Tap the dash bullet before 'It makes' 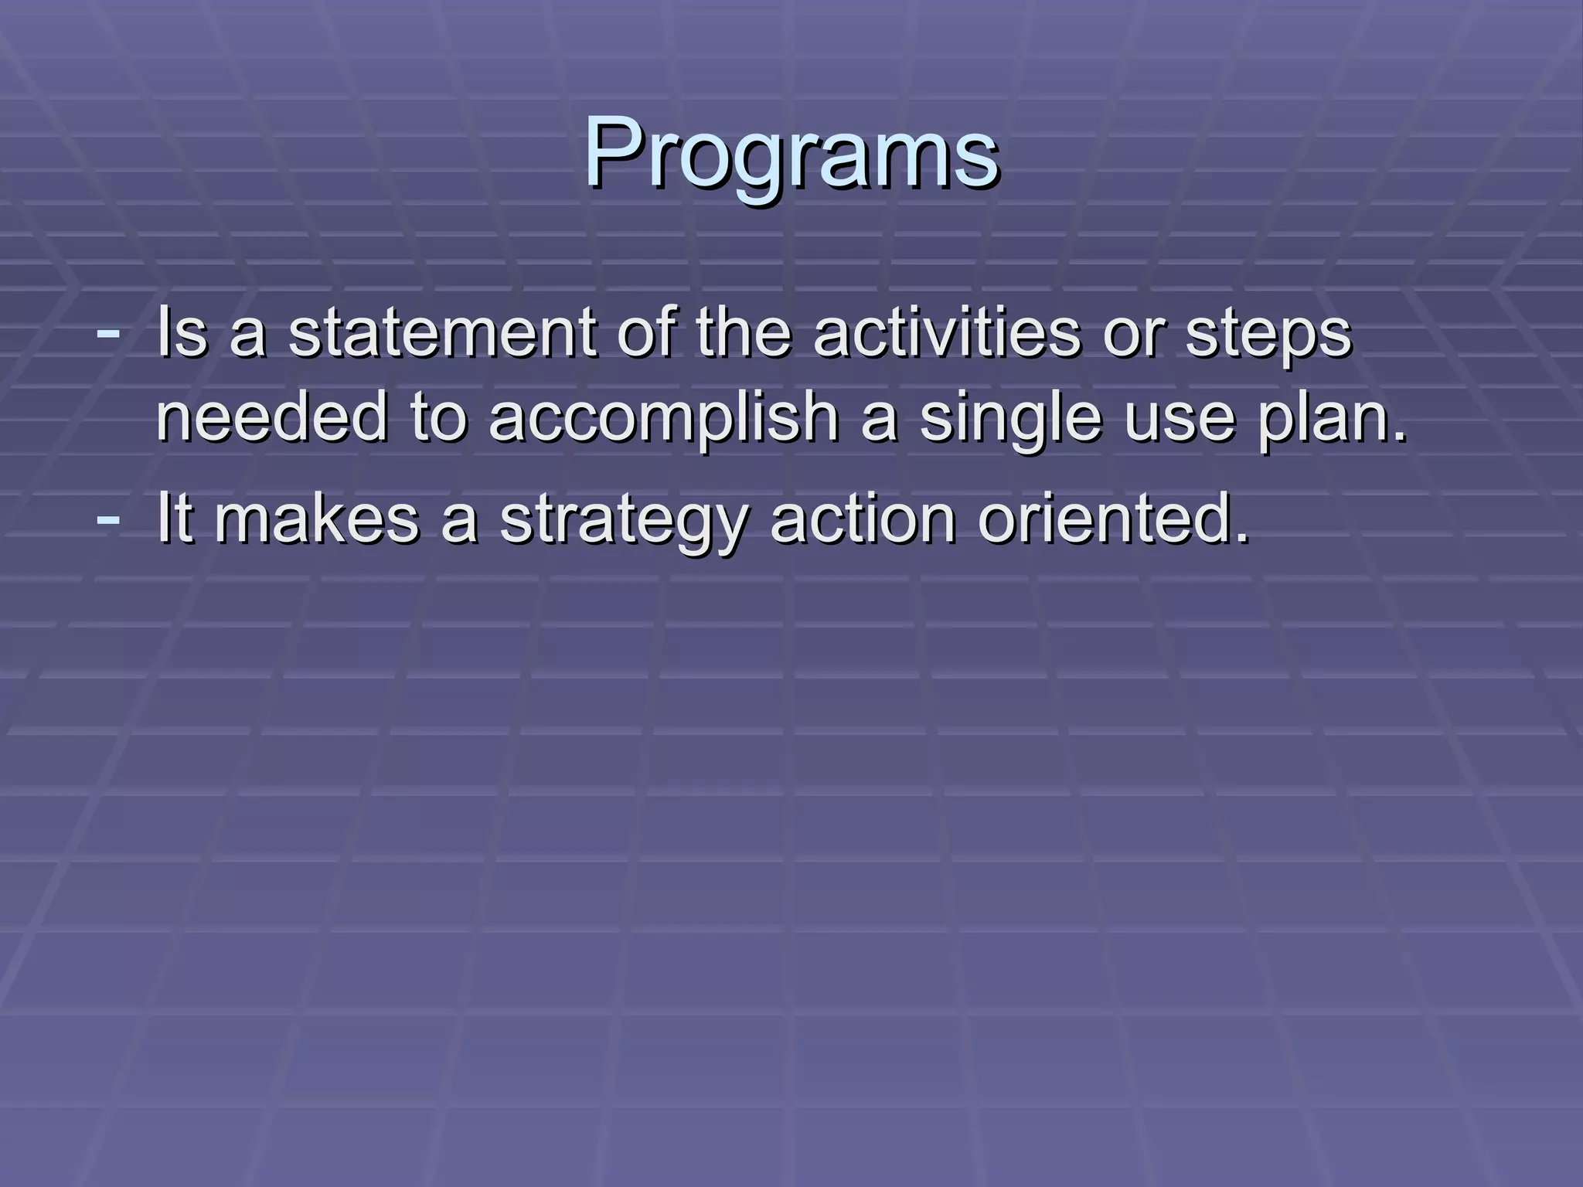(108, 519)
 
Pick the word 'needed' (271, 417)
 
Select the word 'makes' (317, 519)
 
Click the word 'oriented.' (1113, 519)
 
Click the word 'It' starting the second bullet (174, 519)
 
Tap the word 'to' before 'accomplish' (439, 417)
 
